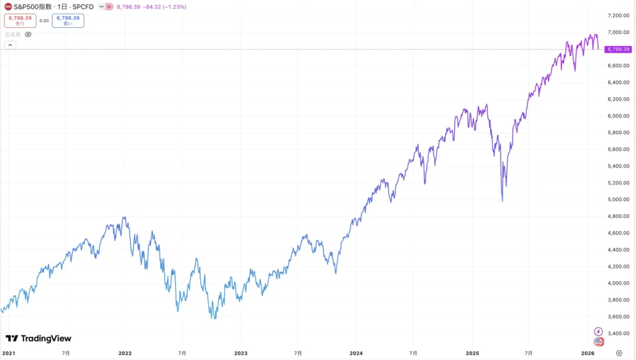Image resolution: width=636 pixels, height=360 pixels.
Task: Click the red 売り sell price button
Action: pyautogui.click(x=20, y=20)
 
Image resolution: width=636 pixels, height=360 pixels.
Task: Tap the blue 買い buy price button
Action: pyautogui.click(x=68, y=20)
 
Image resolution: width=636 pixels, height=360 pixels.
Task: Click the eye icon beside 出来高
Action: pyautogui.click(x=28, y=35)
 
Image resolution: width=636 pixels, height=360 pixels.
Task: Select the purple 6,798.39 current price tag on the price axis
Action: pyautogui.click(x=618, y=49)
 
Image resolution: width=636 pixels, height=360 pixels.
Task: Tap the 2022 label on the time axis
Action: pyautogui.click(x=125, y=353)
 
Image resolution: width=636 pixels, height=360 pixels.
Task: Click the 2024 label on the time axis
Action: pyautogui.click(x=357, y=353)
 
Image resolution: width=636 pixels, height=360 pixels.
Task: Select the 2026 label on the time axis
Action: pyautogui.click(x=587, y=353)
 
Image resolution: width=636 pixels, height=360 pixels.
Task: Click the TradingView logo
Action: pyautogui.click(x=39, y=338)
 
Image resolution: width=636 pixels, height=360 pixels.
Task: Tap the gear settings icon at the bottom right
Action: pyautogui.click(x=619, y=353)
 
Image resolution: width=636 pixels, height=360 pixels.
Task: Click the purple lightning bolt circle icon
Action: pyautogui.click(x=599, y=331)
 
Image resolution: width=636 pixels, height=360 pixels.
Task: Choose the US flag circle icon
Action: pyautogui.click(x=599, y=341)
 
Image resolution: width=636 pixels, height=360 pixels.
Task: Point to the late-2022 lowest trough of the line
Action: pyautogui.click(x=215, y=318)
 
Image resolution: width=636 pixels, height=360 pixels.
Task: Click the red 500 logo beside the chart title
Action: pyautogui.click(x=7, y=7)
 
